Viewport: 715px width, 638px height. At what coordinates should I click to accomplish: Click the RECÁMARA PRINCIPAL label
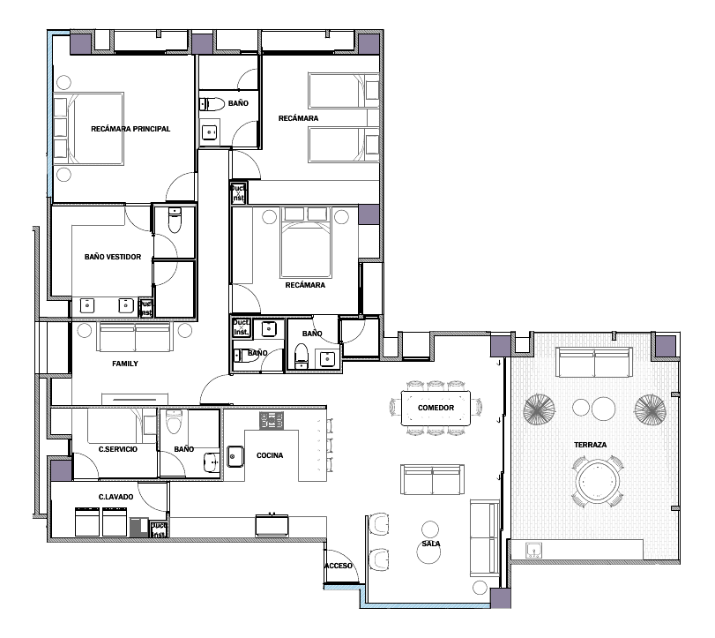click(130, 129)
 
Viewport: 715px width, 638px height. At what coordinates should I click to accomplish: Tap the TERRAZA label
click(590, 445)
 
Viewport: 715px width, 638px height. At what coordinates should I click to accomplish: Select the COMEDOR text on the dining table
click(436, 408)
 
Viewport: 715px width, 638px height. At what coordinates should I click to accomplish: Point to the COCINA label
click(270, 455)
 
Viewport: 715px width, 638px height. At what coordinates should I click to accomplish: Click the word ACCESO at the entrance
click(339, 566)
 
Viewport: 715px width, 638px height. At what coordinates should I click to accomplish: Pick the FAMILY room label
click(125, 364)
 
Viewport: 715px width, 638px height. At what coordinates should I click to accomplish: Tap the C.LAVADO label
click(115, 497)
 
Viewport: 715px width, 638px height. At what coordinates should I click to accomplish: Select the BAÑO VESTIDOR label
click(113, 257)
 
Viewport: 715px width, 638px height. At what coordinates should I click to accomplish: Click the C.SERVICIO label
click(117, 449)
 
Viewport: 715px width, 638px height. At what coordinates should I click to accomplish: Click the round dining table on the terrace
click(598, 481)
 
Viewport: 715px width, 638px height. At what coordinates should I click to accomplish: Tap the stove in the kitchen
click(272, 420)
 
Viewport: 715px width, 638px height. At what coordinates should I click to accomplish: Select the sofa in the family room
click(135, 336)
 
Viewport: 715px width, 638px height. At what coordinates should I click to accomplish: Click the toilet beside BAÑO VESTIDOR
click(175, 220)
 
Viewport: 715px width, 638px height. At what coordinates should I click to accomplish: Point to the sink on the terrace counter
click(533, 550)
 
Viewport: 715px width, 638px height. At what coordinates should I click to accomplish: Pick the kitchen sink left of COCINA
click(235, 456)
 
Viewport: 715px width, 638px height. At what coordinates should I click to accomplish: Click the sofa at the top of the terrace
click(593, 362)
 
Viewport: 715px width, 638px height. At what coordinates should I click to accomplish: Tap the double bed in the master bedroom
click(95, 129)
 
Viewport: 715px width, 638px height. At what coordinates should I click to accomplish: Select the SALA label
click(431, 544)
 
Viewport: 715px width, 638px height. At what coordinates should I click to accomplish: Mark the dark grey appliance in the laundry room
click(139, 527)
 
